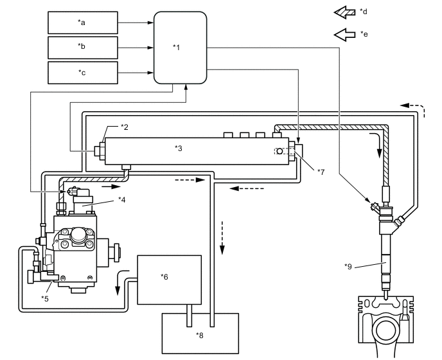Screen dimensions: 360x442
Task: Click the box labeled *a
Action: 83,22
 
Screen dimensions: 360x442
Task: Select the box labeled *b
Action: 83,47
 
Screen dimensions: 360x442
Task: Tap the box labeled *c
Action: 83,72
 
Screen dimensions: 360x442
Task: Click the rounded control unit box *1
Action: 180,48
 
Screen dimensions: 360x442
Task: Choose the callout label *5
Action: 46,298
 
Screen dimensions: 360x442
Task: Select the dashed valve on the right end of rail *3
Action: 283,151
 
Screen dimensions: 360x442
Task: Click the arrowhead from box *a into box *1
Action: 150,22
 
